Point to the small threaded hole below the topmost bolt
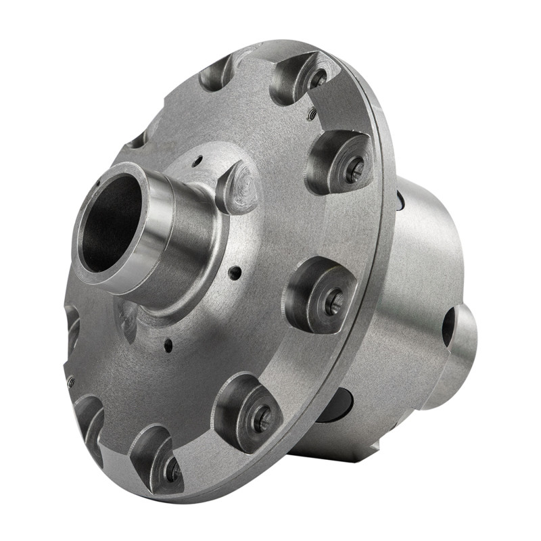point(311,115)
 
